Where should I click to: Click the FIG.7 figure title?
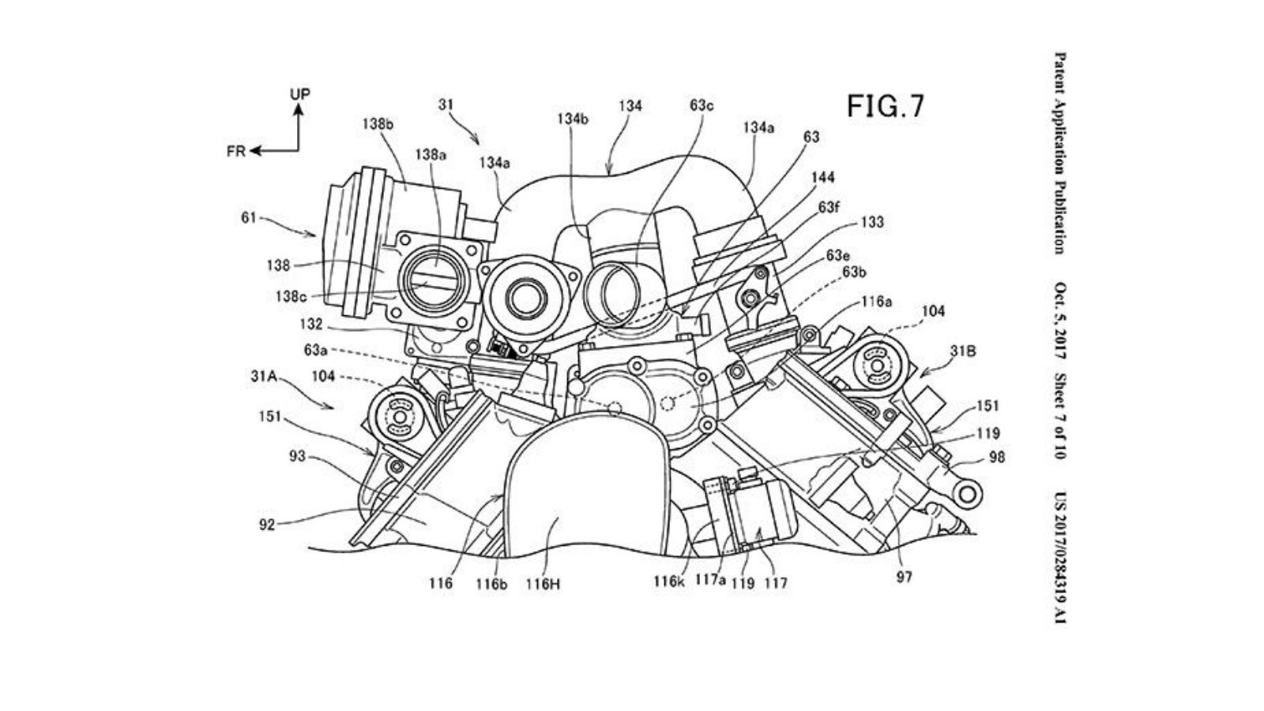coord(885,106)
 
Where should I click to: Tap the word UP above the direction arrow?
coord(299,94)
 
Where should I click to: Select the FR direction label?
coord(236,151)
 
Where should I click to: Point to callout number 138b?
coord(378,124)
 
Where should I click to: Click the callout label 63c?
coord(701,105)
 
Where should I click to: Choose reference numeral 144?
coord(821,178)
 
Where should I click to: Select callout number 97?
coord(905,577)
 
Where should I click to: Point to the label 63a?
coord(314,348)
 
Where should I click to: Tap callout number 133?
coord(872,224)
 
